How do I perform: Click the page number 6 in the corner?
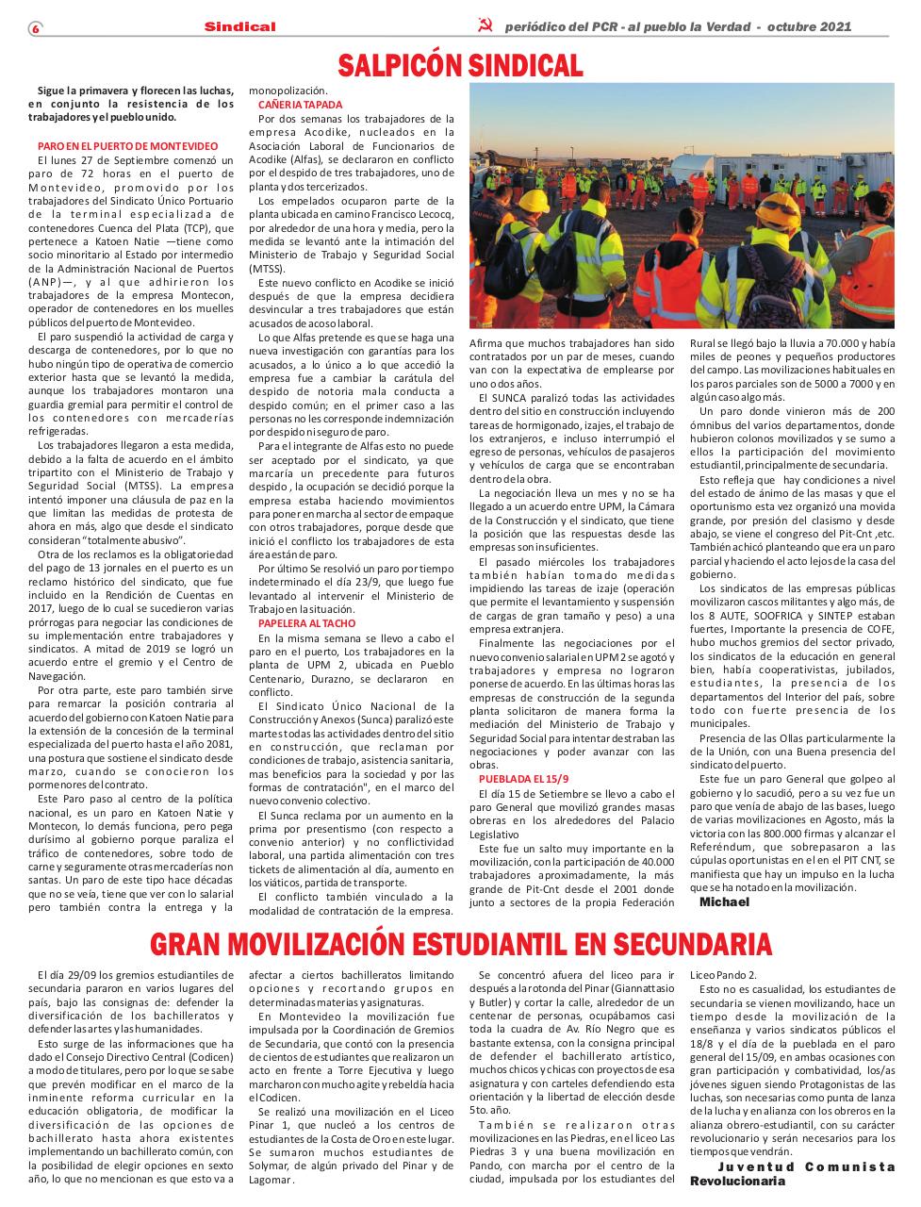pyautogui.click(x=35, y=27)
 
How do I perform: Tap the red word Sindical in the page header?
pyautogui.click(x=239, y=26)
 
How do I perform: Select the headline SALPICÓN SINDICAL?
pyautogui.click(x=460, y=65)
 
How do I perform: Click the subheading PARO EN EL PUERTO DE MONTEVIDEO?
pyautogui.click(x=127, y=146)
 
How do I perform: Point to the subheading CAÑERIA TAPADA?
pyautogui.click(x=300, y=105)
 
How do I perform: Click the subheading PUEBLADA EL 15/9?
pyautogui.click(x=518, y=779)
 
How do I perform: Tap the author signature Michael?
pyautogui.click(x=724, y=901)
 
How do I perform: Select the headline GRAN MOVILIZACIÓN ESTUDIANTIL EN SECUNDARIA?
pyautogui.click(x=460, y=944)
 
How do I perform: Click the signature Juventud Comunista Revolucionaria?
pyautogui.click(x=792, y=1174)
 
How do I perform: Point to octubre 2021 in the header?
pyautogui.click(x=809, y=26)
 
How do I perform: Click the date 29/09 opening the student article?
pyautogui.click(x=83, y=974)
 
